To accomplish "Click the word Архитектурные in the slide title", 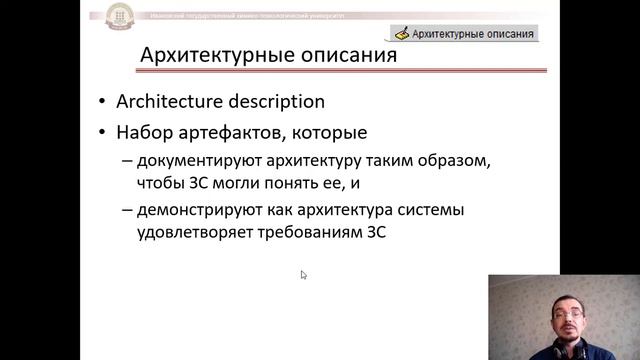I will (x=209, y=54).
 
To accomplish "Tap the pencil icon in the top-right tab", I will (x=402, y=33).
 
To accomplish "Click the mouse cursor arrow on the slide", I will (x=303, y=274).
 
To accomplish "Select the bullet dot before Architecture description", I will (x=105, y=103).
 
